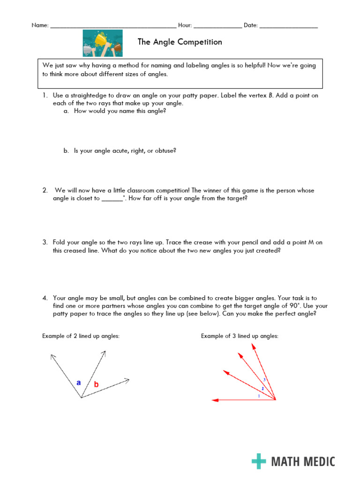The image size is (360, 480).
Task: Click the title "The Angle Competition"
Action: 180,42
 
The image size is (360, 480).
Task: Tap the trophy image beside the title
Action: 103,43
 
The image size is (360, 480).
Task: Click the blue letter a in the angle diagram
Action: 79,382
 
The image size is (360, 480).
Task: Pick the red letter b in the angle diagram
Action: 96,384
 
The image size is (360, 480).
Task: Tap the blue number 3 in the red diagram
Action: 264,379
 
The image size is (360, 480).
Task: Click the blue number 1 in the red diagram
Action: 259,396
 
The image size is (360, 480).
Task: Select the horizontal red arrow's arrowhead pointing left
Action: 215,400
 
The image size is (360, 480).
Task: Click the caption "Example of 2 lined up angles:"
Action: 81,336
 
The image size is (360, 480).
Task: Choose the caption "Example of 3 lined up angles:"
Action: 240,336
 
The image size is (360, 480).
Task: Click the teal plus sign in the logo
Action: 259,461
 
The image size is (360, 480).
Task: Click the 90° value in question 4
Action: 307,306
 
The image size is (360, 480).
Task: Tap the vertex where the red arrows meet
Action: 276,400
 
